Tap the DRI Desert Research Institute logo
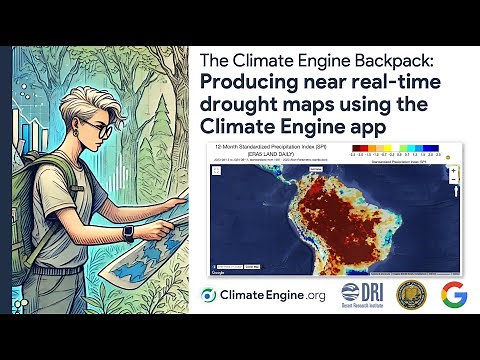pyautogui.click(x=362, y=295)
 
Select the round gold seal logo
pyautogui.click(x=412, y=295)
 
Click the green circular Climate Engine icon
pyautogui.click(x=210, y=295)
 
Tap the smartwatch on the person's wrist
pyautogui.click(x=128, y=232)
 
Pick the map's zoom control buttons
pyautogui.click(x=453, y=175)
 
